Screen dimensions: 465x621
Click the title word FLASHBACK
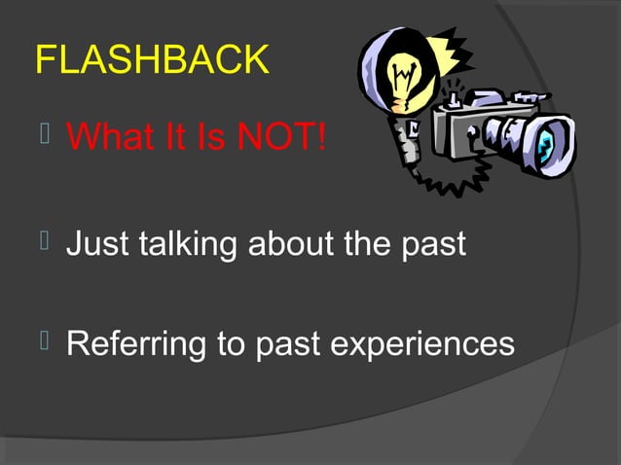152,60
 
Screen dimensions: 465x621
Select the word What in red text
112,138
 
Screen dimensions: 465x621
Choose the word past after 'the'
434,243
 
